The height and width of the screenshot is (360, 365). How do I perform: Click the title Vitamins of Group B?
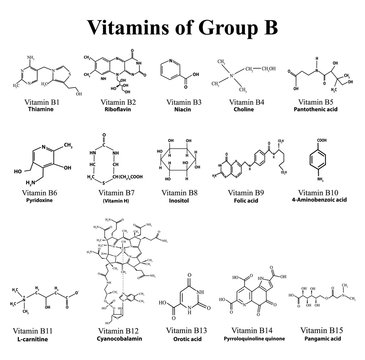click(181, 22)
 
